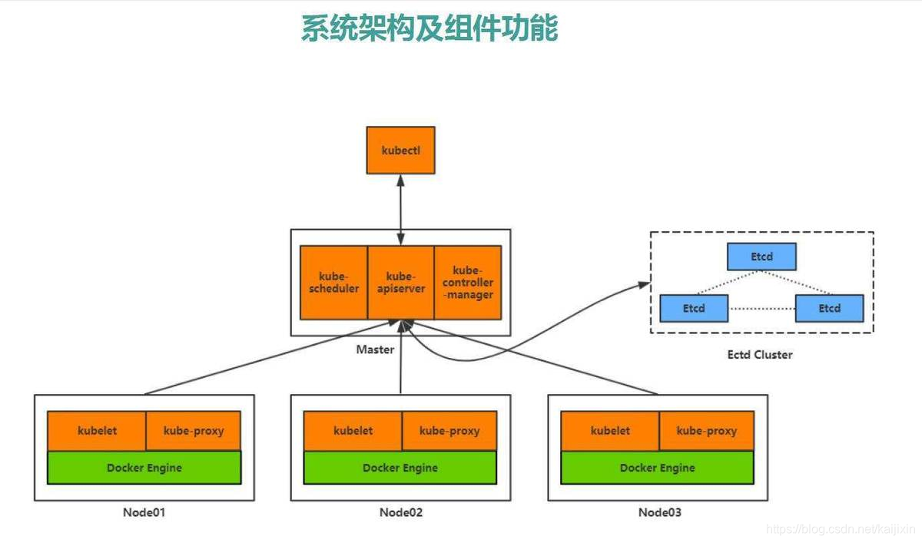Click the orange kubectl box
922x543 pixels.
pyautogui.click(x=400, y=150)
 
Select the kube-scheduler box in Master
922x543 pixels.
pyautogui.click(x=333, y=282)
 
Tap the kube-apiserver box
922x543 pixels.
pyautogui.click(x=400, y=282)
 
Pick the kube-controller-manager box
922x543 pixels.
pyautogui.click(x=468, y=282)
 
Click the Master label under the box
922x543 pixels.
pyautogui.click(x=375, y=349)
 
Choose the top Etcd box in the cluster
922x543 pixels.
pyautogui.click(x=761, y=257)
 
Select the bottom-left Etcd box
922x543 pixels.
pyautogui.click(x=693, y=308)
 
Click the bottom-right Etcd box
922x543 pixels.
pyautogui.click(x=829, y=308)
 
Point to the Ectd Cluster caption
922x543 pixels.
pyautogui.click(x=760, y=355)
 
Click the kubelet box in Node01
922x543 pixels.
pyautogui.click(x=97, y=431)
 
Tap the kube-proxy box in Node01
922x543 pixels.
pyautogui.click(x=194, y=431)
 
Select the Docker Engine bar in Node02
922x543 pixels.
pyautogui.click(x=400, y=468)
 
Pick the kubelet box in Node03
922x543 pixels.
pyautogui.click(x=610, y=431)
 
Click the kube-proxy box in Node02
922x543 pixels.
pyautogui.click(x=449, y=431)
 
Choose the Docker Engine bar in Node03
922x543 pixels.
pyautogui.click(x=658, y=468)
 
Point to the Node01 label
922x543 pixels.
pyautogui.click(x=144, y=512)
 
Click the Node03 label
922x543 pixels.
pyautogui.click(x=659, y=512)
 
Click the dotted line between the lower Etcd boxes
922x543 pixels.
pyautogui.click(x=761, y=309)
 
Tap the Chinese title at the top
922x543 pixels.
pyautogui.click(x=429, y=28)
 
